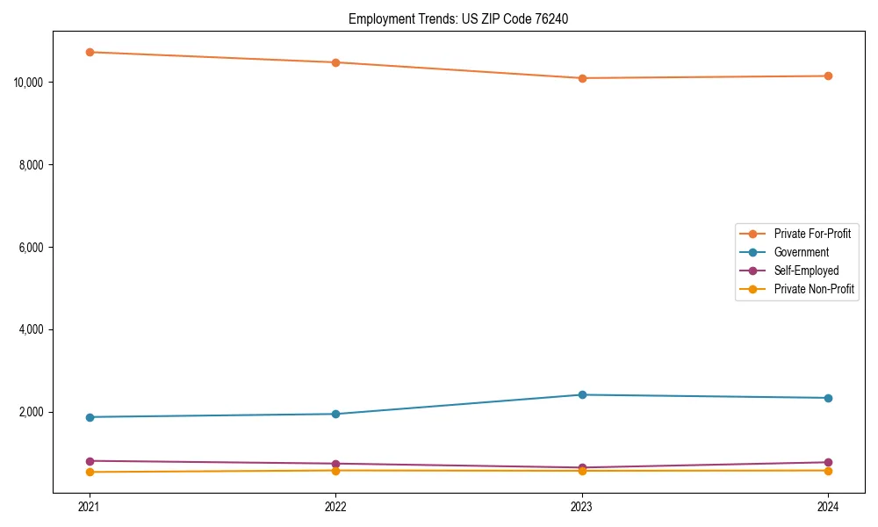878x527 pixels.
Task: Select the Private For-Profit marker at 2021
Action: pyautogui.click(x=90, y=52)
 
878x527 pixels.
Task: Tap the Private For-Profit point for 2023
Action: pyautogui.click(x=582, y=78)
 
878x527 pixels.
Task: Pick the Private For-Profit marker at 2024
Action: pyautogui.click(x=828, y=76)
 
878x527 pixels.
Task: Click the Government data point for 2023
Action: pyautogui.click(x=582, y=394)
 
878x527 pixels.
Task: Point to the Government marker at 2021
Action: pyautogui.click(x=90, y=417)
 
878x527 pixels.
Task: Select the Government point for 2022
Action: pyautogui.click(x=335, y=414)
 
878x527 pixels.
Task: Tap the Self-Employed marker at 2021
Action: pyautogui.click(x=90, y=461)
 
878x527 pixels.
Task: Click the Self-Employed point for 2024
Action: pyautogui.click(x=828, y=462)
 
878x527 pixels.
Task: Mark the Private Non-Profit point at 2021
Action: pyautogui.click(x=90, y=473)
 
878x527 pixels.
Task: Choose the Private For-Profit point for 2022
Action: pyautogui.click(x=335, y=62)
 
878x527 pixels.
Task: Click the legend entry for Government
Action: pyautogui.click(x=801, y=252)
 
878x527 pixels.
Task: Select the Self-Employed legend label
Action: pyautogui.click(x=806, y=271)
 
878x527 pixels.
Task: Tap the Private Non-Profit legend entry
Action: pyautogui.click(x=814, y=289)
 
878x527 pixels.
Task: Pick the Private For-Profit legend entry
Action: pyautogui.click(x=812, y=234)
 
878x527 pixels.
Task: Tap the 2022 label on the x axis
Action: pyautogui.click(x=335, y=507)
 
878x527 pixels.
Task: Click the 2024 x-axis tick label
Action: pyautogui.click(x=828, y=507)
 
